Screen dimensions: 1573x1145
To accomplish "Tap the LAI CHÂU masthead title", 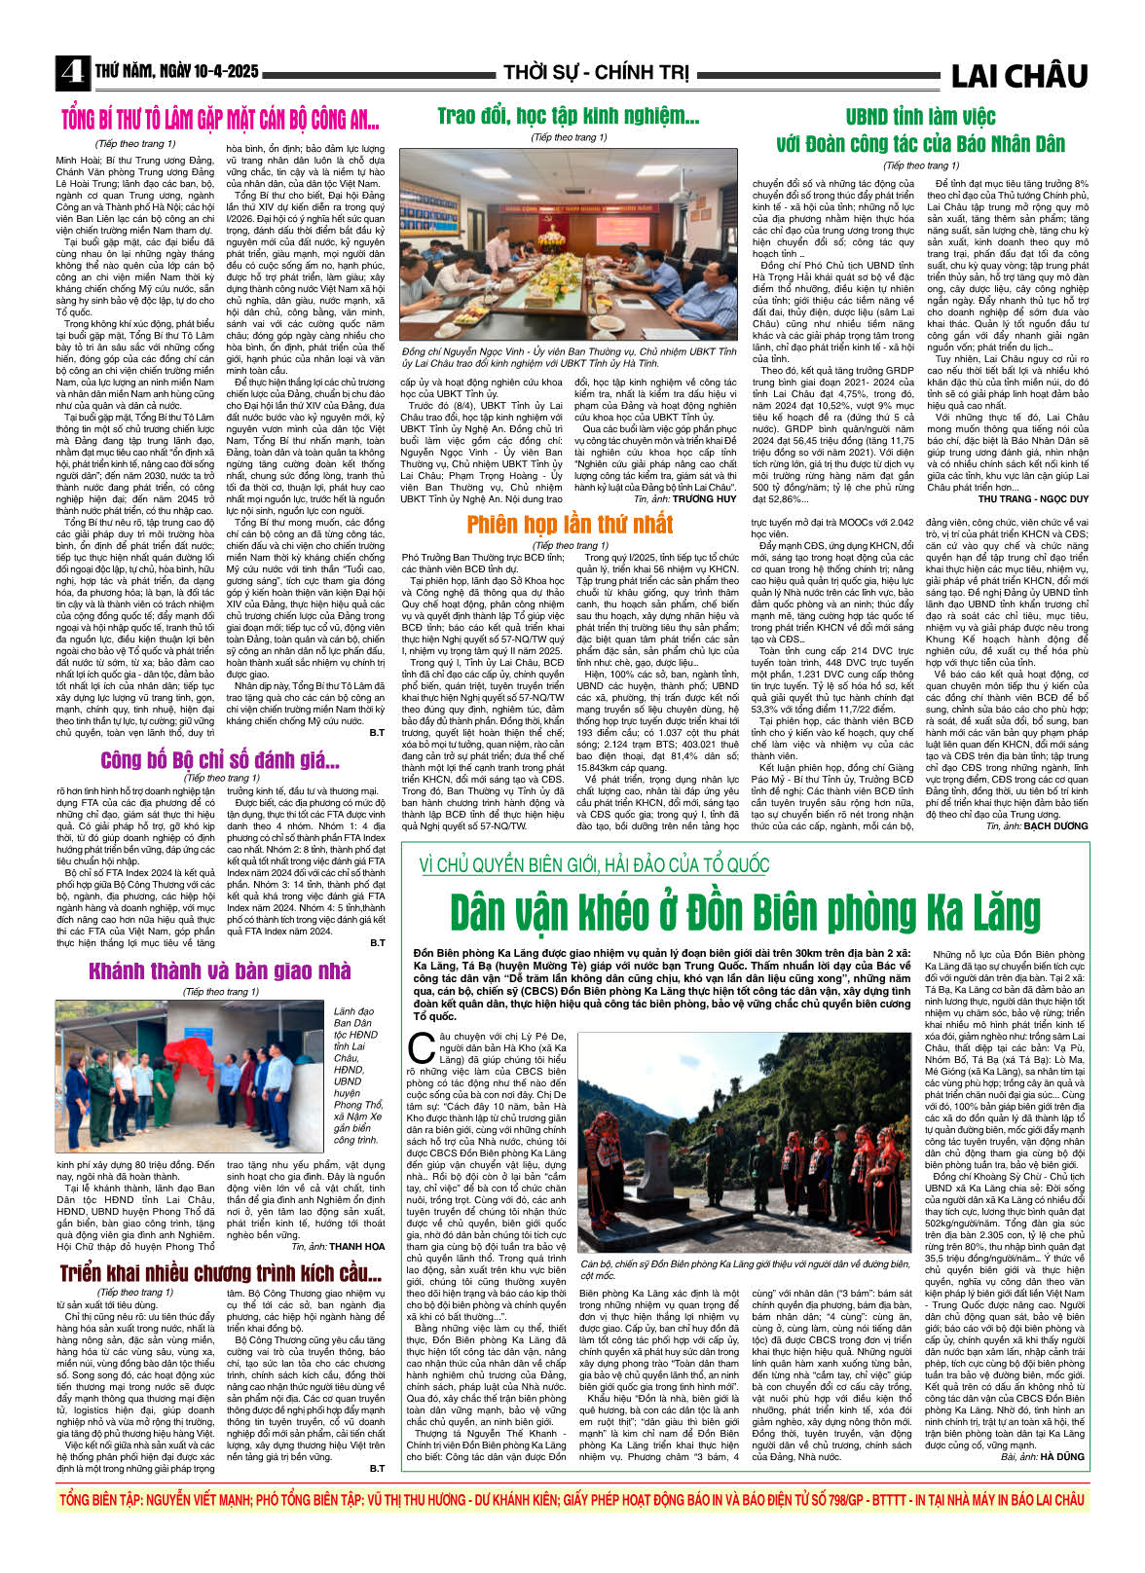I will click(x=1018, y=76).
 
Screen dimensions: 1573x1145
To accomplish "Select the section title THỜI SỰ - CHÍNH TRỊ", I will click(x=596, y=73).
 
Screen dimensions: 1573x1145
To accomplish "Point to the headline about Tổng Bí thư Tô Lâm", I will click(x=220, y=121).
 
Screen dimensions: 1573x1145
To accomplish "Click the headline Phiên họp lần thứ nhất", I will click(x=570, y=525).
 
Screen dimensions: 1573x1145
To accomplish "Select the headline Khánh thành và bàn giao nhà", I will click(x=219, y=970).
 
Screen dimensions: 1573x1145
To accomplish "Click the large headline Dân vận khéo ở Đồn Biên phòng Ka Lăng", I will click(x=745, y=912).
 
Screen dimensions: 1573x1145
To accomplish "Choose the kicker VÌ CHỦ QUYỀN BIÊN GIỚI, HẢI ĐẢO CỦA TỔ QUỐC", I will click(x=594, y=864).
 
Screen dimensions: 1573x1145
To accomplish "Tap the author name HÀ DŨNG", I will click(x=1062, y=1456).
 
